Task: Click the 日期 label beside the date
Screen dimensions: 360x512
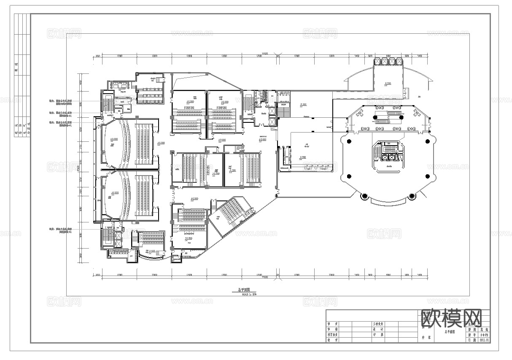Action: pos(472,339)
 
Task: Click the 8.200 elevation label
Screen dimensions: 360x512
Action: pos(388,84)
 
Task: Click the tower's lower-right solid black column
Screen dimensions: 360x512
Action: pos(428,176)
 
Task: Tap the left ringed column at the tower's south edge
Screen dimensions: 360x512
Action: pos(364,195)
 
